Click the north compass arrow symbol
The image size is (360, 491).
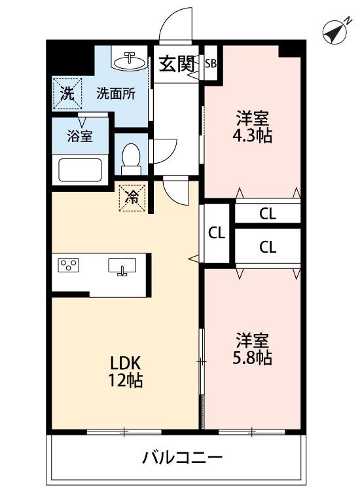[334, 32]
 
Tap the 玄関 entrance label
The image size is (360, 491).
[177, 64]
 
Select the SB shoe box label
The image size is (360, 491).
[211, 64]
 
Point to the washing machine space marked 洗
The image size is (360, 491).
[67, 94]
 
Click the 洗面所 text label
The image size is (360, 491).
[116, 94]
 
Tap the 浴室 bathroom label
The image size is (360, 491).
[80, 137]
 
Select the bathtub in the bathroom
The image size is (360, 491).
[80, 170]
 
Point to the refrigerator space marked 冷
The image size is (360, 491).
[132, 198]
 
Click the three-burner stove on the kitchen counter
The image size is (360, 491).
[69, 265]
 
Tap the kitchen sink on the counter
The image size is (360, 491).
[122, 266]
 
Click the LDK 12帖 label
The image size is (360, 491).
[126, 372]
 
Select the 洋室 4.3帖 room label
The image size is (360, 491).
[252, 128]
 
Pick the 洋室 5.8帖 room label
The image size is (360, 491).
[252, 349]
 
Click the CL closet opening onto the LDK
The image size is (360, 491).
[217, 233]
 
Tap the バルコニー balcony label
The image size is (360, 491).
[182, 458]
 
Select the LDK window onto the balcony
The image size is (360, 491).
[124, 432]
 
